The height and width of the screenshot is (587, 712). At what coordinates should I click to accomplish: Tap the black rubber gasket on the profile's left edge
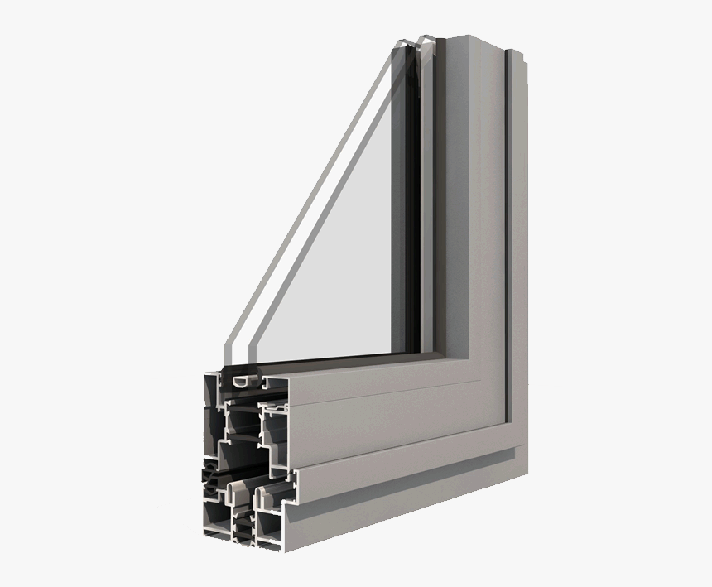coord(208,480)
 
